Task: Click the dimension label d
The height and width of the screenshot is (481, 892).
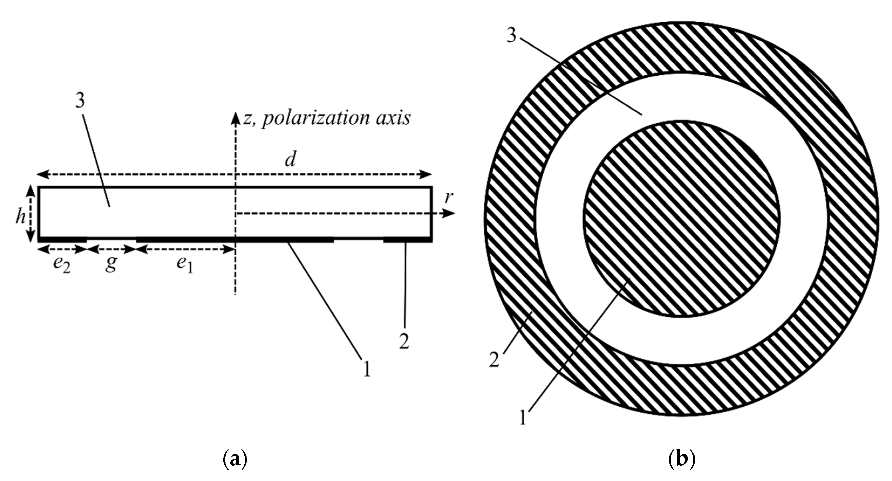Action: [x=290, y=160]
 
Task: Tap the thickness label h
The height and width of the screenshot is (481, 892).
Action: [x=21, y=217]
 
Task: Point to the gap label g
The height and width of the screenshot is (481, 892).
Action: [x=111, y=265]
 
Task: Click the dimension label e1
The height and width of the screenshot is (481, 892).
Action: [x=184, y=265]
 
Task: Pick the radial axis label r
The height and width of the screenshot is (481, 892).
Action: [x=449, y=197]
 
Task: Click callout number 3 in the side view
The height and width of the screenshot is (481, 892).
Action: [x=80, y=101]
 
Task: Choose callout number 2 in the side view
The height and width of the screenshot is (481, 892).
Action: [x=404, y=341]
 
